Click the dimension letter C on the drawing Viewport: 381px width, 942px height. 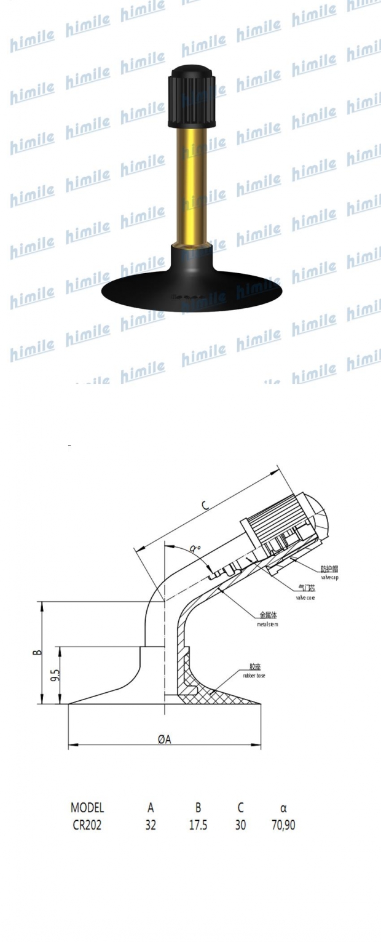(205, 506)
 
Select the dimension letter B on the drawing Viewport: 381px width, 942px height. (37, 652)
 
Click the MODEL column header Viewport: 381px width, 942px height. (87, 808)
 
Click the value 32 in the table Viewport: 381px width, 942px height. (151, 824)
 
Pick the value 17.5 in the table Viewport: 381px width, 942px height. (198, 824)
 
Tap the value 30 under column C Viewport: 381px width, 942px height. (240, 824)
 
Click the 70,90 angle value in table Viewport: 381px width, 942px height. (283, 824)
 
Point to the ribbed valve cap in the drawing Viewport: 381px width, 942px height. (283, 523)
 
